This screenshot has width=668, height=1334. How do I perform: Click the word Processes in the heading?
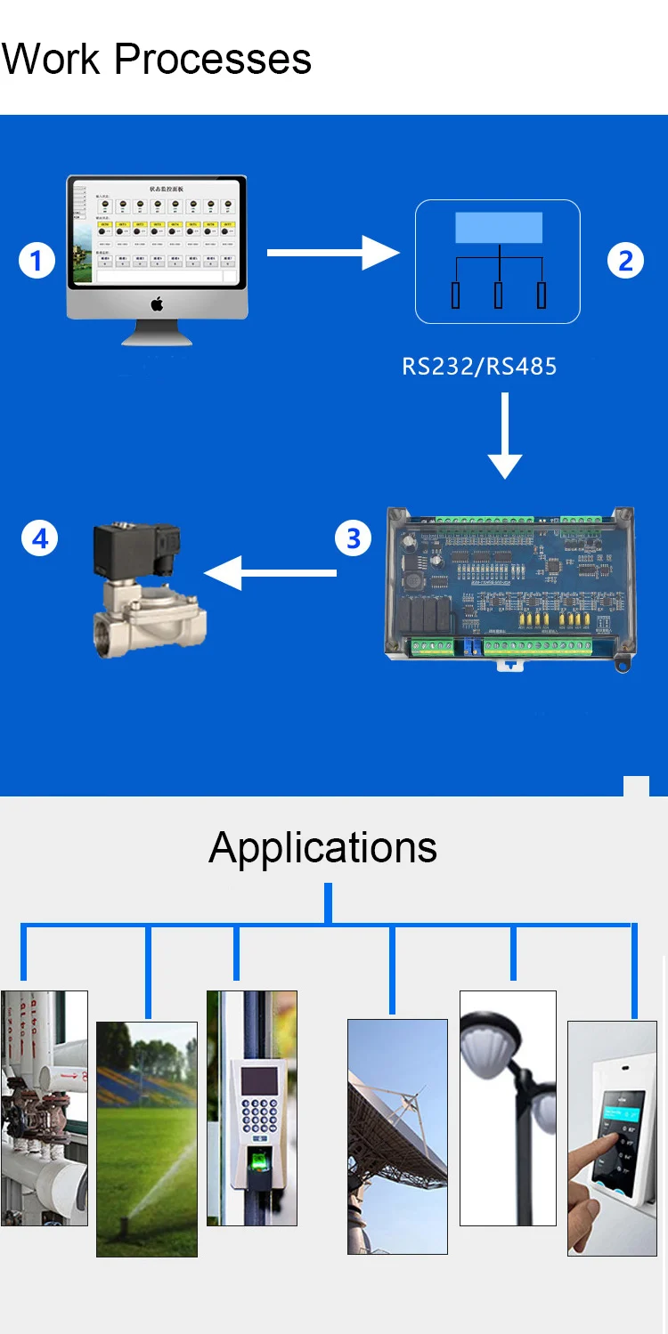click(213, 60)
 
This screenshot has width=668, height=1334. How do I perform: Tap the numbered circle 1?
click(37, 261)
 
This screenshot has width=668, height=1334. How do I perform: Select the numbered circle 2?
click(625, 261)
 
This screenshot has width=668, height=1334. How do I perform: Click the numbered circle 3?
click(354, 538)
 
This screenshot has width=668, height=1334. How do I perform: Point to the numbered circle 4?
click(39, 538)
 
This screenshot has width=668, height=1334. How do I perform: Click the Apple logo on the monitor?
click(157, 304)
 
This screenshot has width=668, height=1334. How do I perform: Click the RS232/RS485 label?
click(479, 366)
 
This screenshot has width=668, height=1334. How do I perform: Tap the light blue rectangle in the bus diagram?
click(499, 228)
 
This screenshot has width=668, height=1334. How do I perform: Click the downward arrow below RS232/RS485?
click(505, 436)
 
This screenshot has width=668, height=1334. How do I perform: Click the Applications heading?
click(322, 846)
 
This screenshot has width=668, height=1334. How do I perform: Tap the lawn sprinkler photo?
click(147, 1139)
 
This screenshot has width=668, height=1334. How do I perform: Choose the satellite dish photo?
click(397, 1136)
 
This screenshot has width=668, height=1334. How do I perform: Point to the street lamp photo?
click(508, 1107)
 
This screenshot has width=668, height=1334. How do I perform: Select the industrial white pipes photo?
click(44, 1108)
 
